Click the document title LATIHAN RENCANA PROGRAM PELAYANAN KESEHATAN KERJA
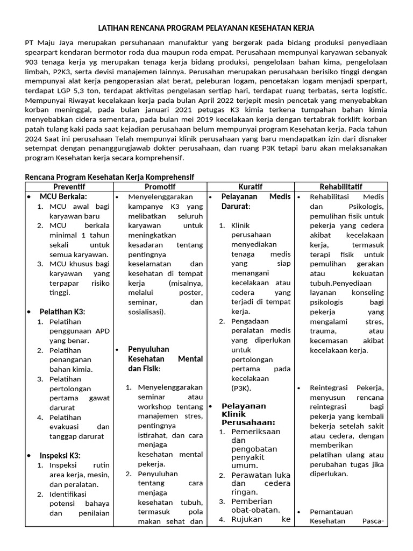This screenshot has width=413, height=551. (x=206, y=27)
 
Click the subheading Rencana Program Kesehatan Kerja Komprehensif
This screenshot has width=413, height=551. (x=110, y=176)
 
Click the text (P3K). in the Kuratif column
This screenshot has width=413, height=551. (x=243, y=387)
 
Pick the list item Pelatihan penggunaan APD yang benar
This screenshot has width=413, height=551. (x=79, y=331)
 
